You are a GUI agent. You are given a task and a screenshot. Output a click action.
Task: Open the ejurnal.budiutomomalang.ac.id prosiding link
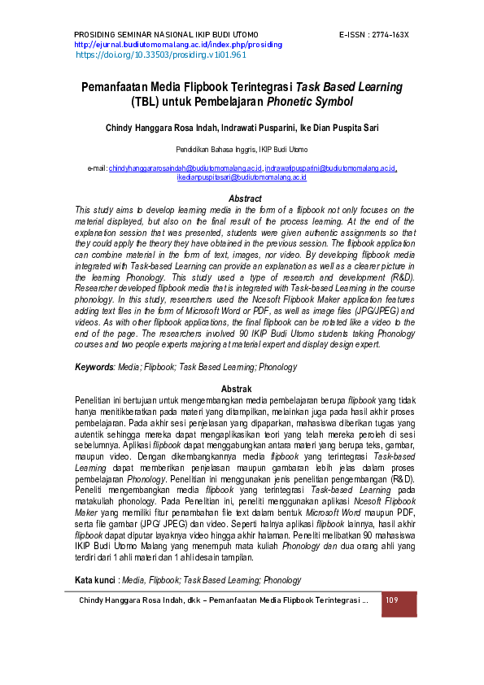click(x=178, y=45)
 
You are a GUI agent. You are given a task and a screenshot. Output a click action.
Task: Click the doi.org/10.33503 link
click(x=160, y=55)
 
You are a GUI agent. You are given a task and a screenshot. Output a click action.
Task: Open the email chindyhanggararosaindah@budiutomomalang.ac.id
click(x=185, y=168)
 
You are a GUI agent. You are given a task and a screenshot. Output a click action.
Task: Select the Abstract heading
click(x=245, y=199)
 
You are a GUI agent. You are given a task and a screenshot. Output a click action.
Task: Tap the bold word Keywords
click(x=94, y=368)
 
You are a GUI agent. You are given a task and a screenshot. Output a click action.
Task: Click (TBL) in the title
click(x=148, y=103)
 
